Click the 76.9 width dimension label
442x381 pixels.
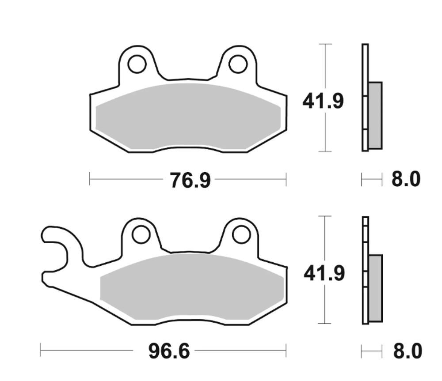pos(190,180)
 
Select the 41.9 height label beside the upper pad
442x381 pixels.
pos(323,102)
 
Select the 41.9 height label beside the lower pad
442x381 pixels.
pos(324,274)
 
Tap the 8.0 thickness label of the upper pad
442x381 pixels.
pos(406,180)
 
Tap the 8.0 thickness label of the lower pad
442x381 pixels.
pos(407,352)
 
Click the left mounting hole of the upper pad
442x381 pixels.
pos(137,64)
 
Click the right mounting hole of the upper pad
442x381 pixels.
pos(238,64)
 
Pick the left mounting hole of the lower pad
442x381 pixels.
pos(141,234)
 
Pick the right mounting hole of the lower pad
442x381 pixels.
pos(241,234)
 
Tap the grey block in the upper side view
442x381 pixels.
pos(375,115)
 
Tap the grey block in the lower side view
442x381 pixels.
pos(375,288)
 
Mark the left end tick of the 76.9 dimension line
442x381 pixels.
pos(90,179)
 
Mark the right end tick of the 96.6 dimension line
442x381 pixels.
pos(286,351)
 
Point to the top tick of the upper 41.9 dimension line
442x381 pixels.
pos(325,44)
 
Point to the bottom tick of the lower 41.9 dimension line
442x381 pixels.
pos(325,324)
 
